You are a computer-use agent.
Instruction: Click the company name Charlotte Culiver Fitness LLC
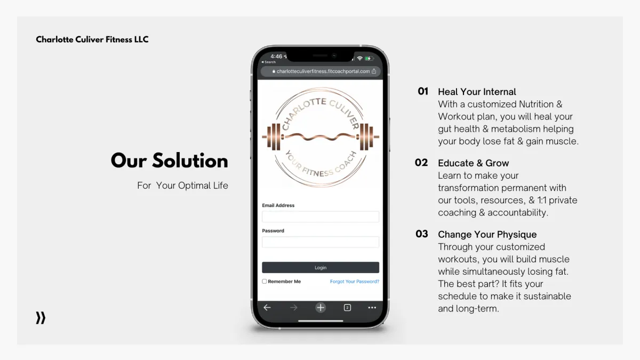92,39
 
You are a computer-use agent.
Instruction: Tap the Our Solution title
170,161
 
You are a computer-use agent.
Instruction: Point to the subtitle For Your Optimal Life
182,186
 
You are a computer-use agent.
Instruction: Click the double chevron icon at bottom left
41,318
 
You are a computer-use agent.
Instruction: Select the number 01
423,91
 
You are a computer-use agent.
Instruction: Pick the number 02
421,163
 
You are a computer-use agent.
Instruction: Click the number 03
422,234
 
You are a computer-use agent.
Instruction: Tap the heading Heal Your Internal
477,92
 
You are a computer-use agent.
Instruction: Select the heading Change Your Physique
487,235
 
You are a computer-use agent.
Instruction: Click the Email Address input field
321,217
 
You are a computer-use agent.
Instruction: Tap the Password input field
321,242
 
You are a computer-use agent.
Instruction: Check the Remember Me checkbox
265,282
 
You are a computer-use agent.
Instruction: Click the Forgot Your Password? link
355,282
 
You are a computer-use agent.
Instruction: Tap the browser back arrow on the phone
267,307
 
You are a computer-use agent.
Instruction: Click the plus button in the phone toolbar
321,308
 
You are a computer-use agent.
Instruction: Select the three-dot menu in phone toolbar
372,308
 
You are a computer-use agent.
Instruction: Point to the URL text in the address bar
323,71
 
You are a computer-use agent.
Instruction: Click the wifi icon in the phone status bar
359,58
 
